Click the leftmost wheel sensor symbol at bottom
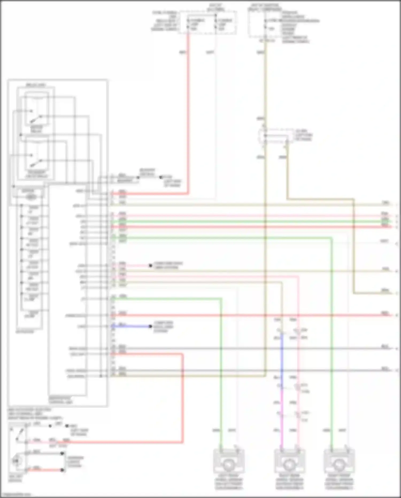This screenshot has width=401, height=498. click(x=229, y=465)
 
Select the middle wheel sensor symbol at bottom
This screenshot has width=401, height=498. click(x=290, y=465)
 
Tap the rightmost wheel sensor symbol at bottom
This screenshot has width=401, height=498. click(x=339, y=465)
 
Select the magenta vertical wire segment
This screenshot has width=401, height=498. click(x=282, y=417)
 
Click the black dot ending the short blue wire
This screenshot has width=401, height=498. click(x=151, y=326)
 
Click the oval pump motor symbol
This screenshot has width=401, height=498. click(x=32, y=197)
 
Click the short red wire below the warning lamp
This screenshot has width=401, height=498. click(x=45, y=470)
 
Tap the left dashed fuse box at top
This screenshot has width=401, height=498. click(x=207, y=23)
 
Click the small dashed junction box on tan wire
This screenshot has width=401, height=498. click(x=275, y=136)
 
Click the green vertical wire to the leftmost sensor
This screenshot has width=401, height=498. click(x=221, y=375)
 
